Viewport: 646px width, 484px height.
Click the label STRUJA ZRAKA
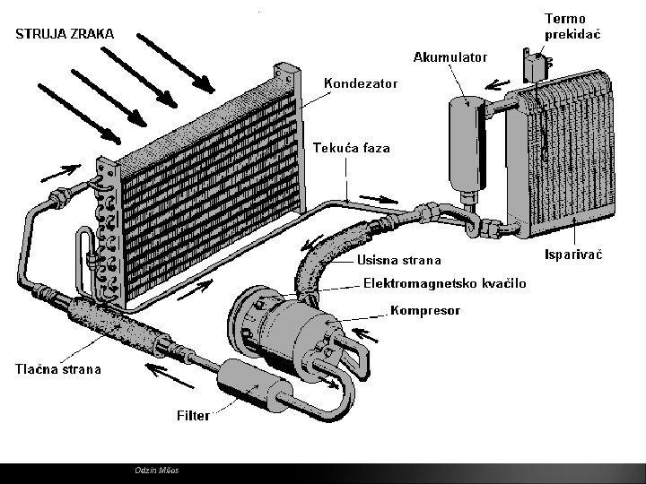tap(63, 34)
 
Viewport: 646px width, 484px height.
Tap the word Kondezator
tap(360, 83)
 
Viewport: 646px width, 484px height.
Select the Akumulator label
tap(450, 57)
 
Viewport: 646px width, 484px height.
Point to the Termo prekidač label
tap(572, 25)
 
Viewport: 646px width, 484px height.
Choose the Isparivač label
tap(573, 255)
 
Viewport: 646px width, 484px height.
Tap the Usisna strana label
tap(399, 261)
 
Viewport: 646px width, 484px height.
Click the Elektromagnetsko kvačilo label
tap(444, 283)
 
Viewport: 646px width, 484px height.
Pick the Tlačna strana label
tap(56, 368)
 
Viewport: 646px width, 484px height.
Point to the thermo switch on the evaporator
tap(537, 67)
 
